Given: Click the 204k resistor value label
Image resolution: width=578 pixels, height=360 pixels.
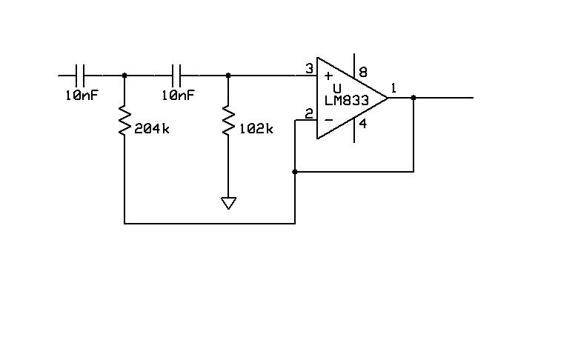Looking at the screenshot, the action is [152, 129].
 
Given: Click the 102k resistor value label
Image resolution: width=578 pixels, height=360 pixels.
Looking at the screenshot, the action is [256, 129].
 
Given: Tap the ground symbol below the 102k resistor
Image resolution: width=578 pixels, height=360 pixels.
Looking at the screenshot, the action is [228, 203].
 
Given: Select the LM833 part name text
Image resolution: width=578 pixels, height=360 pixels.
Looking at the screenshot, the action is [347, 101].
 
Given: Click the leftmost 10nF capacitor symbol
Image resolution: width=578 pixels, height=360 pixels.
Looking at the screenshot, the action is [79, 76].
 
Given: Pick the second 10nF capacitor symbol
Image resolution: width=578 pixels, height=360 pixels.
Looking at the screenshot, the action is [176, 76].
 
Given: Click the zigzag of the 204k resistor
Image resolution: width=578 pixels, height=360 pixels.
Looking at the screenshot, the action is [124, 121].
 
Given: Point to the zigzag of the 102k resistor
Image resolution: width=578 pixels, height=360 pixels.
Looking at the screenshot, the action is [228, 121].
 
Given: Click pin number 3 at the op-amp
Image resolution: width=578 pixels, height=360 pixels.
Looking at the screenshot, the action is [309, 69].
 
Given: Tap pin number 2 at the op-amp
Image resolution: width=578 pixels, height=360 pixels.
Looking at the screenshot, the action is [309, 114].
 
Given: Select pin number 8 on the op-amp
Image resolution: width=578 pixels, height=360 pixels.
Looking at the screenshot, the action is [363, 72].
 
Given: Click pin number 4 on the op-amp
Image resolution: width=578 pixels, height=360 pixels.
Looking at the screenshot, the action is [363, 124].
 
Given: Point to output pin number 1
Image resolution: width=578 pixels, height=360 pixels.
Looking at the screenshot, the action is [393, 88].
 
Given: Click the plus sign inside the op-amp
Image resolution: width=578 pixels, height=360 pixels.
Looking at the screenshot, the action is [328, 76].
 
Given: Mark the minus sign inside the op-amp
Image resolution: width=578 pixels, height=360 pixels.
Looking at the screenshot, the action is [329, 120].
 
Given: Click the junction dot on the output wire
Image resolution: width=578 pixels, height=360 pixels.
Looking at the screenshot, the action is [413, 98].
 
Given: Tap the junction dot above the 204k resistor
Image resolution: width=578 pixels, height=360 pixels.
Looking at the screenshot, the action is [124, 76].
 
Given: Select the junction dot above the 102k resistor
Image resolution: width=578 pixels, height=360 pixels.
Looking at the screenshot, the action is [228, 76].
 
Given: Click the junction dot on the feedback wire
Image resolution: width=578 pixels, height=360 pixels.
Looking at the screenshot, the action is [294, 172].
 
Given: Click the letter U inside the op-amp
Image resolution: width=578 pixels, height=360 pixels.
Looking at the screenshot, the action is [337, 88].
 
